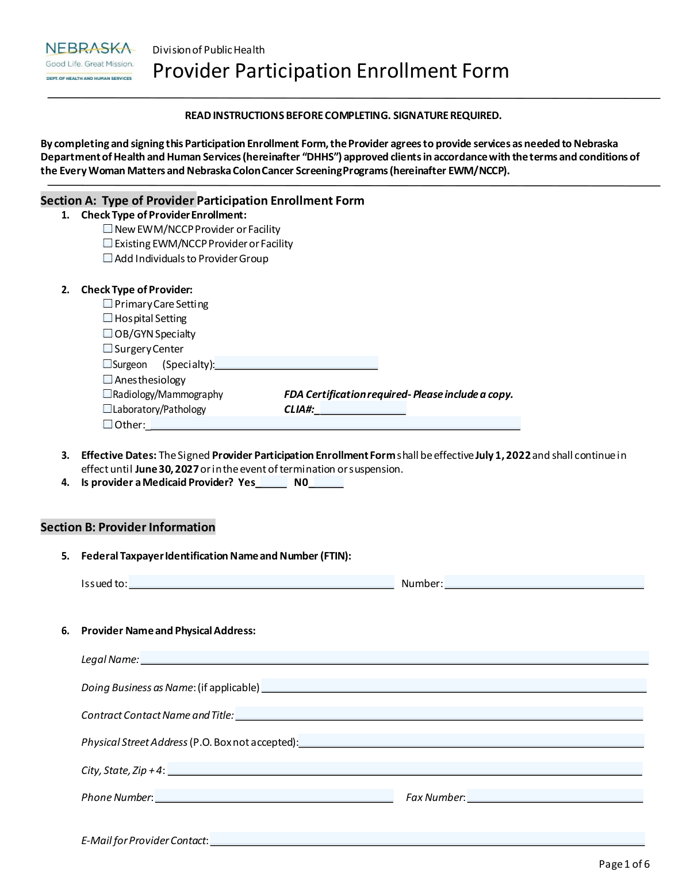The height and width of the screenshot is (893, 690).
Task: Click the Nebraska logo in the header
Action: pyautogui.click(x=89, y=61)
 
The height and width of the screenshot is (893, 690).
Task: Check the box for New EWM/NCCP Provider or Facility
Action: pyautogui.click(x=108, y=229)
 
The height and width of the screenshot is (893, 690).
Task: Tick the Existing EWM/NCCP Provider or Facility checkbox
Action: pyautogui.click(x=108, y=243)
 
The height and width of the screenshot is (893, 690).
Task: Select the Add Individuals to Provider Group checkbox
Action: pyautogui.click(x=108, y=258)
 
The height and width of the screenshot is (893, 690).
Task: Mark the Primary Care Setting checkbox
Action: pyautogui.click(x=108, y=304)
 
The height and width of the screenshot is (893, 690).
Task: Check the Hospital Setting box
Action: pyautogui.click(x=108, y=318)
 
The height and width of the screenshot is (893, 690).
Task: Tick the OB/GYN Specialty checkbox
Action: pyautogui.click(x=108, y=334)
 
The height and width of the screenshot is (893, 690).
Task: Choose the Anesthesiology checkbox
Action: pyautogui.click(x=108, y=380)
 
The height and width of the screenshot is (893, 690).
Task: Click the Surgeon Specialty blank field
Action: pyautogui.click(x=296, y=363)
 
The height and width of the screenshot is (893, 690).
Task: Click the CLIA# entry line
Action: pyautogui.click(x=361, y=409)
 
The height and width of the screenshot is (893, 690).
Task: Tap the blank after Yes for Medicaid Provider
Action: pyautogui.click(x=271, y=482)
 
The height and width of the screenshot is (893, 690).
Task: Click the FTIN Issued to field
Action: pyautogui.click(x=262, y=582)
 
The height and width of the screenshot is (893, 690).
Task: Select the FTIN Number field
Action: pyautogui.click(x=544, y=582)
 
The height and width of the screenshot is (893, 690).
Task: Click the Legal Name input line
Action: pyautogui.click(x=394, y=658)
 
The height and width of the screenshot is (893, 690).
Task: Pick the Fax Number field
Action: pyautogui.click(x=555, y=796)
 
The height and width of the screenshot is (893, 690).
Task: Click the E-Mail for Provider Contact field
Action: pyautogui.click(x=427, y=840)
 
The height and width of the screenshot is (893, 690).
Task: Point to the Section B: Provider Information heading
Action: pyautogui.click(x=128, y=527)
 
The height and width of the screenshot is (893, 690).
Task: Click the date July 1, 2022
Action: pyautogui.click(x=503, y=455)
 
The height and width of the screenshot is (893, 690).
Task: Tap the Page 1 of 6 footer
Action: pyautogui.click(x=624, y=864)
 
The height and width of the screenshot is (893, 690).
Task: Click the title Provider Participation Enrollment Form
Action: pyautogui.click(x=331, y=71)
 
